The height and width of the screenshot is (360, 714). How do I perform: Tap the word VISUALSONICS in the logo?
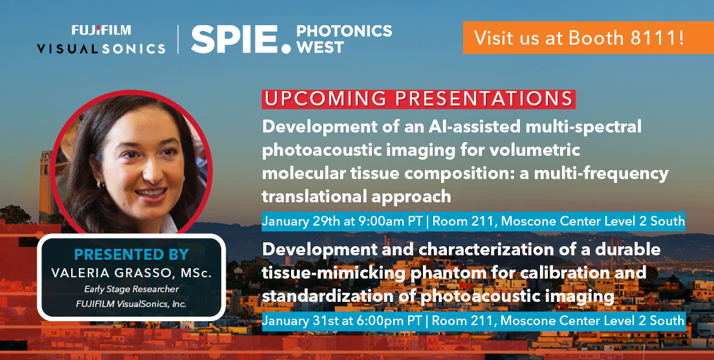100,48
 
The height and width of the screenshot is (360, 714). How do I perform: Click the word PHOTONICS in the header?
343,31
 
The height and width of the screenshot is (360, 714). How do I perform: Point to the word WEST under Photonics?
319,48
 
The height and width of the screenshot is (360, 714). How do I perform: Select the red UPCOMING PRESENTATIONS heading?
418,99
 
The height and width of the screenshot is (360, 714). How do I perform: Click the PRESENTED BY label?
131,255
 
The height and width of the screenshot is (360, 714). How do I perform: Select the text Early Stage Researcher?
131,288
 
